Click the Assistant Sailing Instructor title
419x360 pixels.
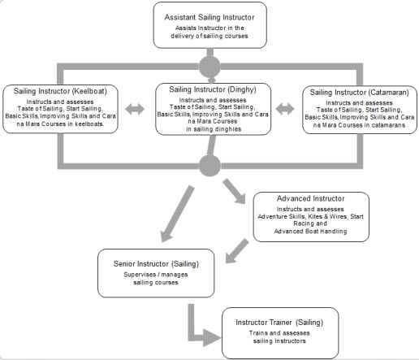(209, 17)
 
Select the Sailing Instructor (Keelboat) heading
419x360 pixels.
(60, 91)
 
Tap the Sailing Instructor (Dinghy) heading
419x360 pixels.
(213, 89)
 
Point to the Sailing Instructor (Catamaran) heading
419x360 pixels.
(359, 93)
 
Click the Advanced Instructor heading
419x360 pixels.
(310, 198)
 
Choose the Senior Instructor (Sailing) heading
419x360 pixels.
(156, 264)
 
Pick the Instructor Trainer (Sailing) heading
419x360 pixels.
(279, 323)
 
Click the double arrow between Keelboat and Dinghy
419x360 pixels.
(135, 109)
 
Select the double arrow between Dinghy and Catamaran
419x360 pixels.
(285, 109)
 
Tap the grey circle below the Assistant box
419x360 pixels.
(209, 67)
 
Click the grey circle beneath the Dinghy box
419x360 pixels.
(209, 166)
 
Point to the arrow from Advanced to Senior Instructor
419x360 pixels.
(236, 251)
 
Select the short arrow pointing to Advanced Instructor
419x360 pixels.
(234, 191)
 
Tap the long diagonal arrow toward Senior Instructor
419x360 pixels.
(178, 214)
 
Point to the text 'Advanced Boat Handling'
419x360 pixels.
(310, 232)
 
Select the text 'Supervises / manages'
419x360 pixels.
(156, 275)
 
